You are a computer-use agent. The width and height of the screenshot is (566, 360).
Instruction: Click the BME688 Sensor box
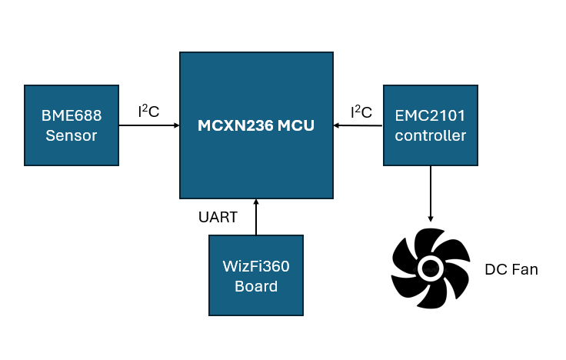72,125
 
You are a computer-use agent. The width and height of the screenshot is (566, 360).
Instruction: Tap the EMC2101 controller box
430,125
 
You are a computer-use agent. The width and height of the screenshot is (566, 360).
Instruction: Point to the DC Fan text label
511,270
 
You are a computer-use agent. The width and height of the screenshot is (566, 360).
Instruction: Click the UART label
218,218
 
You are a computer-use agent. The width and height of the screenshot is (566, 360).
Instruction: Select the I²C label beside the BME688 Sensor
148,112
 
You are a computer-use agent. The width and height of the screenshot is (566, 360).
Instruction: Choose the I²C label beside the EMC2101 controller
361,112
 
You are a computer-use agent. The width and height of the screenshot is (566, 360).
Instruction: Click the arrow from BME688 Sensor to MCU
149,125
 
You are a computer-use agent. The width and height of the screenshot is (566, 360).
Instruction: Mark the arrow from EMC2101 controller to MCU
358,125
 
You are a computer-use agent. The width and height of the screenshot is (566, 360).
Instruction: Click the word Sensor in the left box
72,136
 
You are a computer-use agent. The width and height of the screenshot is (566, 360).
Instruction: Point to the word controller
430,136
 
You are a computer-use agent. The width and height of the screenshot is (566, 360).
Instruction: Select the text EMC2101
430,116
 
